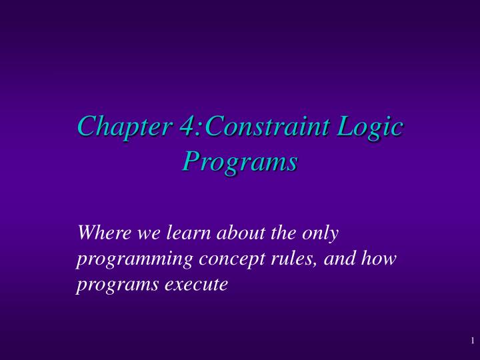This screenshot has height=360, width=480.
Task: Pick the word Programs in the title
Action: click(x=240, y=162)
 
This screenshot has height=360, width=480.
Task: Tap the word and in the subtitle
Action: click(x=305, y=259)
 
